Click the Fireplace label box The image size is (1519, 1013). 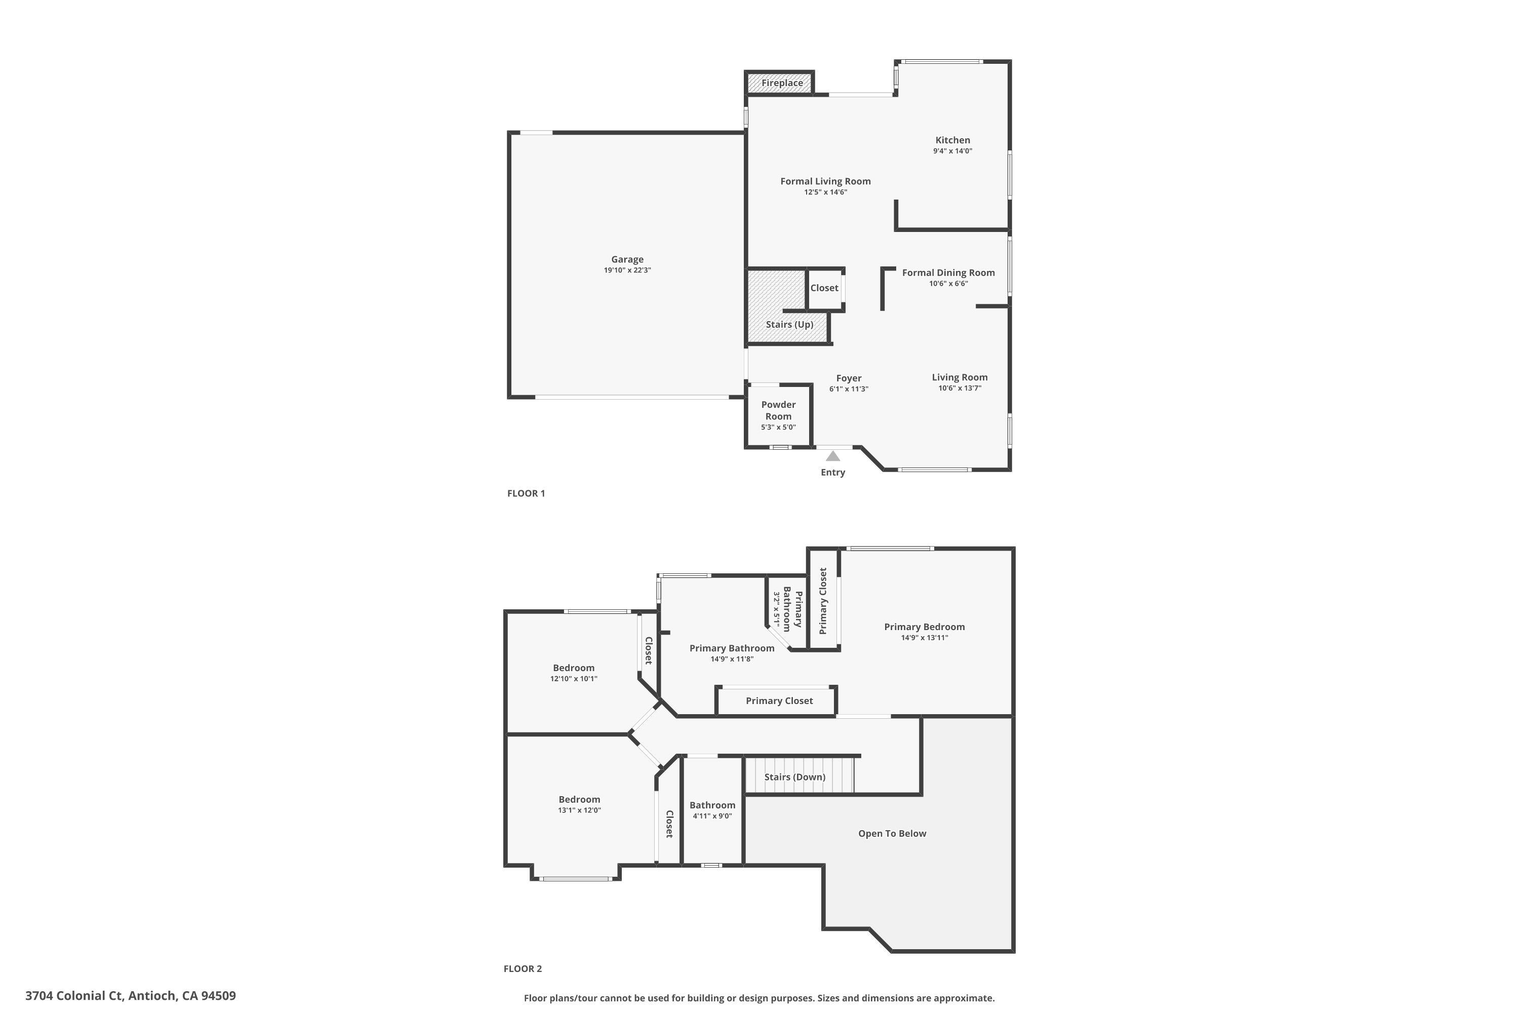781,83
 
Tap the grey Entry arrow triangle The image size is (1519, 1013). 833,456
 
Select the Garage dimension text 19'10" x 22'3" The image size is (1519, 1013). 627,270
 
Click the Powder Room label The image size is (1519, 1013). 778,410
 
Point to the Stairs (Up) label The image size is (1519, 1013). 789,324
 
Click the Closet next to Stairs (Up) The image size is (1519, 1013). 824,288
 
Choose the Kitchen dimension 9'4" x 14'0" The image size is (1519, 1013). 952,151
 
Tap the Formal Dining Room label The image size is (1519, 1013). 948,272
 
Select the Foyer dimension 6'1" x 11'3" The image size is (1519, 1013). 849,389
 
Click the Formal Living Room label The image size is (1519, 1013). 825,181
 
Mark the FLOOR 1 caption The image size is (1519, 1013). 526,493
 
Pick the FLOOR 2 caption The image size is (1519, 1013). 523,968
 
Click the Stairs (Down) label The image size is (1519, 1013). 794,776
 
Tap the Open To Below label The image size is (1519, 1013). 892,833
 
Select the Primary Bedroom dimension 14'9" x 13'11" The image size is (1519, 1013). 924,638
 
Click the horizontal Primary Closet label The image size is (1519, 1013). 779,700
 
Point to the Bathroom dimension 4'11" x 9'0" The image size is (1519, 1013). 712,816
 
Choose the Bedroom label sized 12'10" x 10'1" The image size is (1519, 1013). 574,668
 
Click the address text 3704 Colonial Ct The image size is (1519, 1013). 131,996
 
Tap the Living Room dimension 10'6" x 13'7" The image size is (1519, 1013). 960,388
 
